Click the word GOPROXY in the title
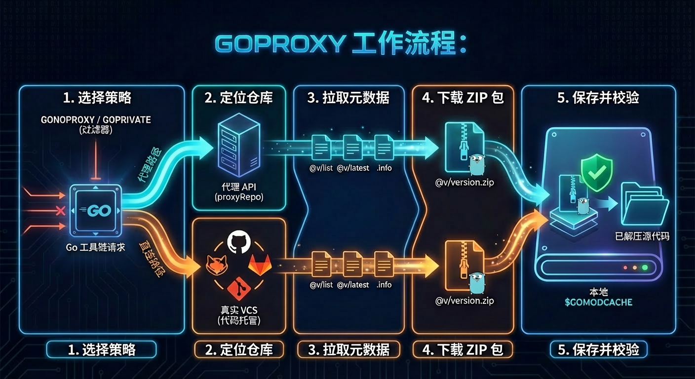click(x=279, y=44)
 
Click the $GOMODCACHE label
click(x=598, y=302)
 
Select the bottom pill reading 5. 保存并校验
click(x=598, y=350)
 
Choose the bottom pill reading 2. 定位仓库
click(x=239, y=350)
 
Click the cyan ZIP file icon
click(x=461, y=143)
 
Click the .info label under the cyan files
click(x=384, y=168)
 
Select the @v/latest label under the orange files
click(x=353, y=285)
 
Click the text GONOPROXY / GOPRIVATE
click(x=96, y=120)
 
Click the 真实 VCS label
click(x=239, y=310)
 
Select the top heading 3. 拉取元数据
click(x=348, y=98)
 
